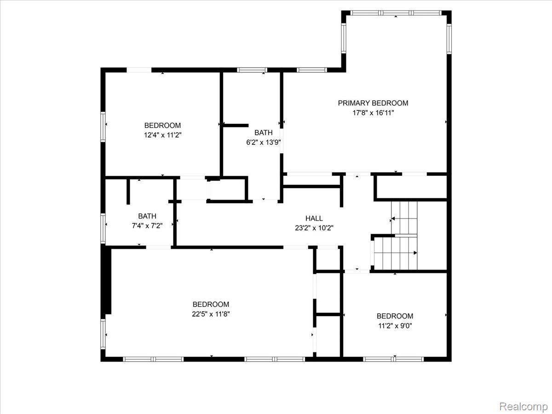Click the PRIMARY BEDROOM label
[x=373, y=103]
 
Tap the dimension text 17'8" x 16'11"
[x=373, y=113]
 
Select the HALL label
[x=314, y=218]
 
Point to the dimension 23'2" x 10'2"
[x=314, y=228]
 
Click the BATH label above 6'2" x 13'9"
[x=263, y=132]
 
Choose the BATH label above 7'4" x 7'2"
[x=147, y=216]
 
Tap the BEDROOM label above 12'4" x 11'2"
[x=162, y=125]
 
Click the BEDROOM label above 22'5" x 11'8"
[x=211, y=304]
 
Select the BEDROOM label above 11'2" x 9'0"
[x=395, y=316]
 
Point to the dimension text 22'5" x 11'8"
[x=211, y=314]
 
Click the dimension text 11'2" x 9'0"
[x=395, y=326]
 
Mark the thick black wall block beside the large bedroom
[x=106, y=280]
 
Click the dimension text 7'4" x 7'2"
[x=147, y=226]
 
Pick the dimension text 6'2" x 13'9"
[x=263, y=142]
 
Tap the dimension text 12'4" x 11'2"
[x=162, y=135]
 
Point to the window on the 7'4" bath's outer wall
[x=103, y=228]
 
